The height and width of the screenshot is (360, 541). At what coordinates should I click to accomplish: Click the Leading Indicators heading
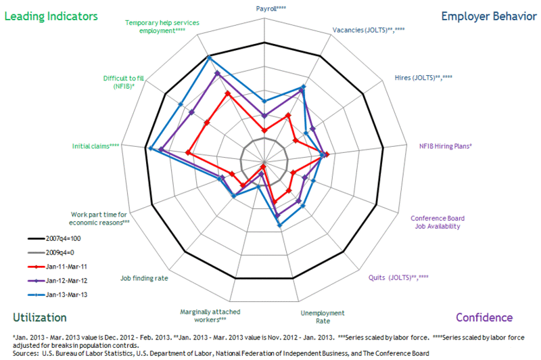pyautogui.click(x=51, y=16)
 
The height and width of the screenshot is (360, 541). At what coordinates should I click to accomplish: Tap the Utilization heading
pyautogui.click(x=40, y=317)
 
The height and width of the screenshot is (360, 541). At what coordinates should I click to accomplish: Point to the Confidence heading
pyautogui.click(x=484, y=317)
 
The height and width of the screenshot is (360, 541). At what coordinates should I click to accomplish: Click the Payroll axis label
pyautogui.click(x=271, y=9)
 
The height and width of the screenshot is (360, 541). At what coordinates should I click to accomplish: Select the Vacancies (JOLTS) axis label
pyautogui.click(x=369, y=30)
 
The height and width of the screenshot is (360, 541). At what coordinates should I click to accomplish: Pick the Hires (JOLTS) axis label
pyautogui.click(x=423, y=78)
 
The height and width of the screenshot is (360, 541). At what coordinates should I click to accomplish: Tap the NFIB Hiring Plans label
pyautogui.click(x=446, y=145)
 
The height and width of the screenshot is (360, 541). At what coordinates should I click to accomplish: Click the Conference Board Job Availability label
pyautogui.click(x=438, y=222)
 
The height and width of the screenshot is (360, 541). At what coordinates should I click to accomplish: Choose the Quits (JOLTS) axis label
pyautogui.click(x=398, y=277)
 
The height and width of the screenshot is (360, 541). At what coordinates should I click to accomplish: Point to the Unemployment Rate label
pyautogui.click(x=322, y=317)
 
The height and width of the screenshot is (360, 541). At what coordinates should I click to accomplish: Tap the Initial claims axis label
pyautogui.click(x=97, y=145)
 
